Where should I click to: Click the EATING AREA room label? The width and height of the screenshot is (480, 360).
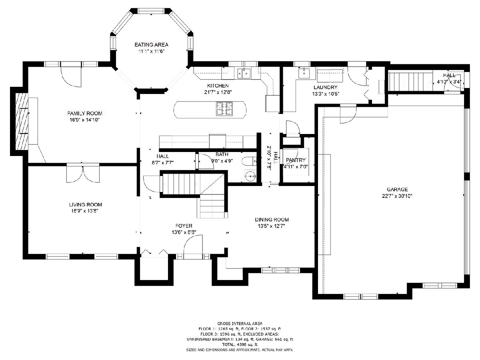(x=151, y=45)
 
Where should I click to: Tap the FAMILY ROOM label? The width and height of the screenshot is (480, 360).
(x=85, y=114)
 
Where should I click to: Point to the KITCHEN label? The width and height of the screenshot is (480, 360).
(x=218, y=86)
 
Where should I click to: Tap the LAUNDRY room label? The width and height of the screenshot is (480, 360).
(x=325, y=88)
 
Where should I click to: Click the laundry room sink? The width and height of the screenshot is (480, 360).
(x=304, y=72)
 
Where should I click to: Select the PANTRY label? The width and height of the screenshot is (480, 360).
(x=296, y=160)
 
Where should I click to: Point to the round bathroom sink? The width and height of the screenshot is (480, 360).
(x=250, y=176)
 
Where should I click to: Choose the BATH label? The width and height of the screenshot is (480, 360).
(x=222, y=154)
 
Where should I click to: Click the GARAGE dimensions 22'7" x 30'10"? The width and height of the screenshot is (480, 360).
(x=397, y=196)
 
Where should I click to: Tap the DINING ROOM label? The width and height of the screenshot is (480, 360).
(x=272, y=220)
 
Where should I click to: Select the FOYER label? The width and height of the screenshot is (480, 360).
(x=184, y=226)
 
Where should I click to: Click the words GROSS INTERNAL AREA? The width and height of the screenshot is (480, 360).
(x=240, y=324)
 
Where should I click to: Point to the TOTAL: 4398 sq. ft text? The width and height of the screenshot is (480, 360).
(x=240, y=344)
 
